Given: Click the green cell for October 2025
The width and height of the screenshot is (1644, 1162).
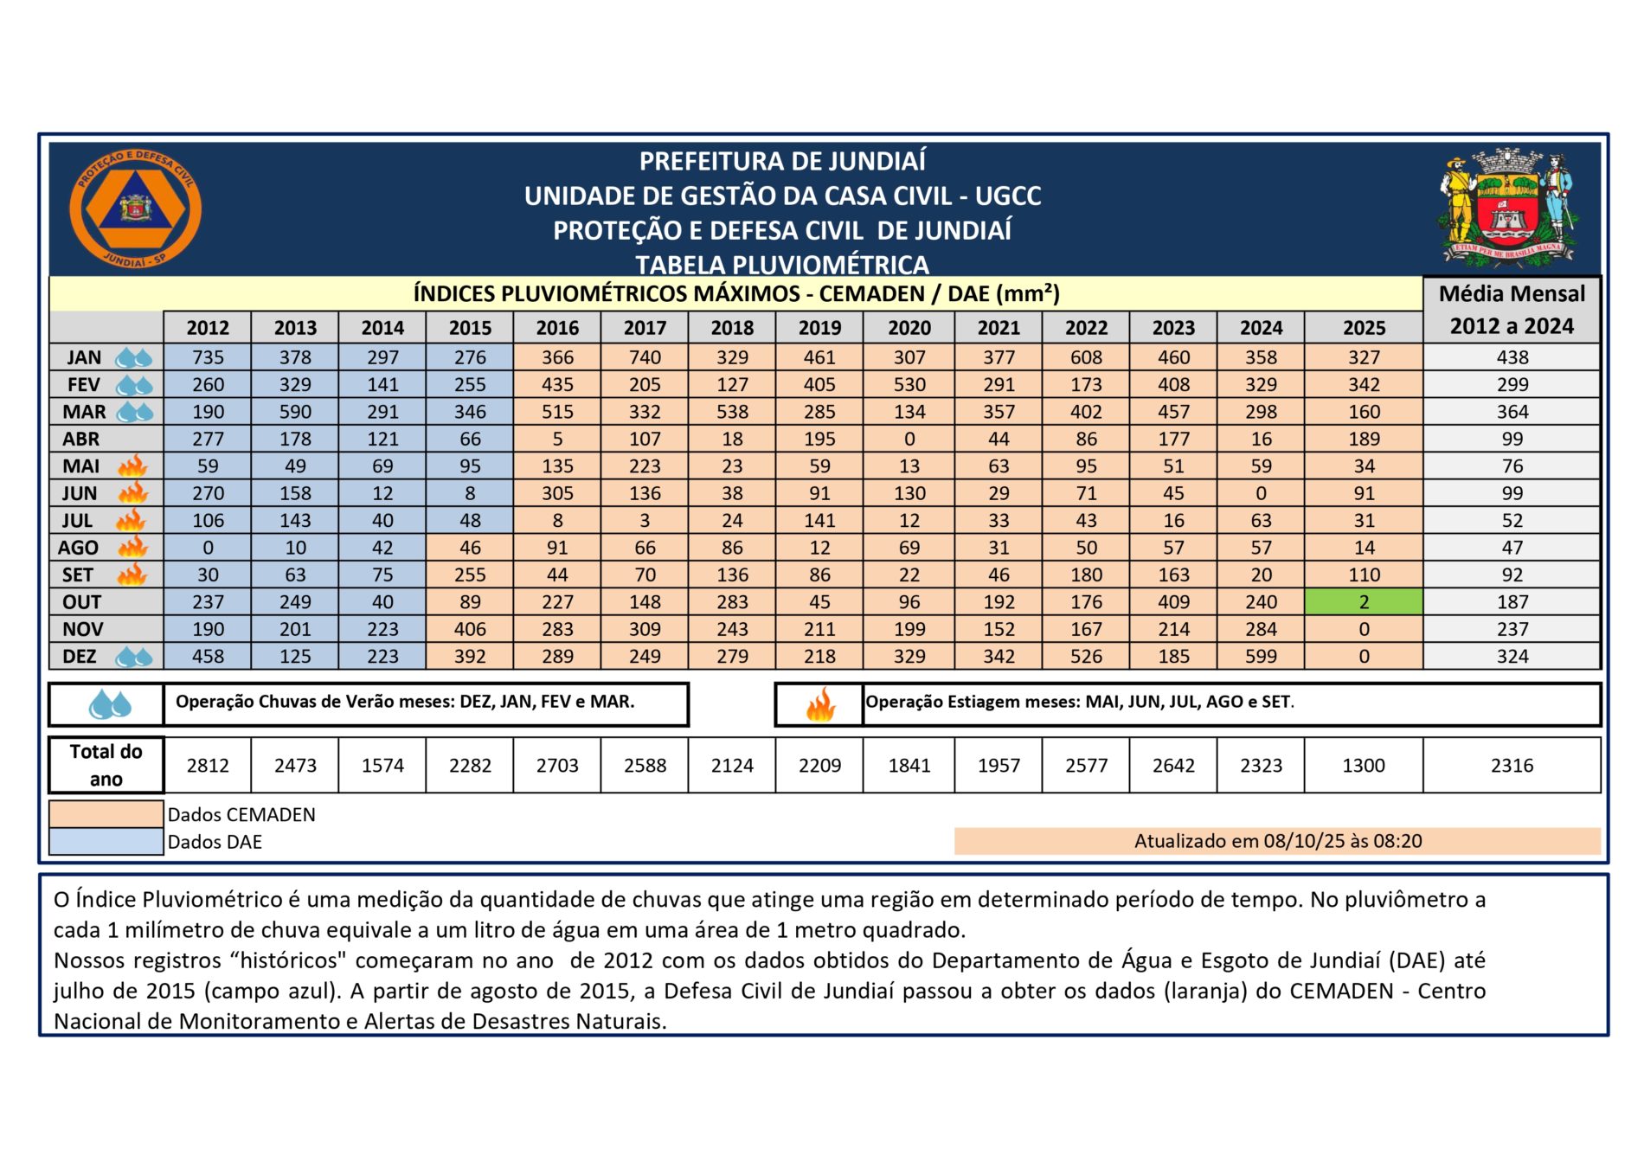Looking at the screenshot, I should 1364,602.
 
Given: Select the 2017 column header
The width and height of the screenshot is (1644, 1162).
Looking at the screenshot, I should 645,328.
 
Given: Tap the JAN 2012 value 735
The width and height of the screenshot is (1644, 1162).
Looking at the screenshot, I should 208,357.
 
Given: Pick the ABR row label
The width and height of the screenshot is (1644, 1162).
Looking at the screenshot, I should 81,439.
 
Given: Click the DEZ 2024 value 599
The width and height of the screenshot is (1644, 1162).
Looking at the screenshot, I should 1261,657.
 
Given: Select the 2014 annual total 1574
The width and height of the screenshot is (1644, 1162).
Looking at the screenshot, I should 382,766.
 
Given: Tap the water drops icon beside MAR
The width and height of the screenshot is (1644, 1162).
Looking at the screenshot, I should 135,412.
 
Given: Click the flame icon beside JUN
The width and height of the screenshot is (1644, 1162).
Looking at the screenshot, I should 133,493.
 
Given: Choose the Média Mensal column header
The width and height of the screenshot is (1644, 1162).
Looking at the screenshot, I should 1512,310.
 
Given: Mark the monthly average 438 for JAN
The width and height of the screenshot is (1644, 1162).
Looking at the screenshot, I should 1512,357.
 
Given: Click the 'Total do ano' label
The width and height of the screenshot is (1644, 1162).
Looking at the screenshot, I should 106,766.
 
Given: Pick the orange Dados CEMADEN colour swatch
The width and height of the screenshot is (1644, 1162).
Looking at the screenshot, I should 106,814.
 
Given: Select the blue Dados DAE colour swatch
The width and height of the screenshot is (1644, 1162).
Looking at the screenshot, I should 106,842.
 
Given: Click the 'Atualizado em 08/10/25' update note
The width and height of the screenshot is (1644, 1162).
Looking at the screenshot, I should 1277,841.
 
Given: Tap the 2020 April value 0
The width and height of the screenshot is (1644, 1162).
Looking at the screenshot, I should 909,439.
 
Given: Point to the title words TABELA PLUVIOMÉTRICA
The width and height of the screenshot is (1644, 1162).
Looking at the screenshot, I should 782,265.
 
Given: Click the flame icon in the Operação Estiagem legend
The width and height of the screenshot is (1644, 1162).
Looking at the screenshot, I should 819,705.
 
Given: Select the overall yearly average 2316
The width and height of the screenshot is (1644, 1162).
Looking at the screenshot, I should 1512,766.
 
